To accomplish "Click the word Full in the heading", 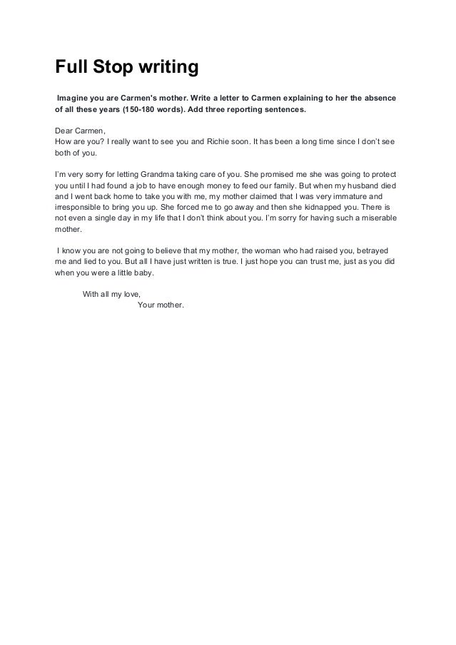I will [71, 68].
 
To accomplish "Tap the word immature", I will [345, 196].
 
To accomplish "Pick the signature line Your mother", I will [160, 305].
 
